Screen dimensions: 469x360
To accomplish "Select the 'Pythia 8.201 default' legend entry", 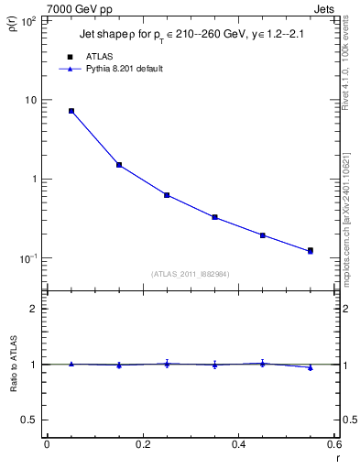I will [x=123, y=69].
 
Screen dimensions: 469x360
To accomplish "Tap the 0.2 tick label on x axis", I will [x=142, y=444].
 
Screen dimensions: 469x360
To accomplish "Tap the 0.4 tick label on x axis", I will [x=238, y=444].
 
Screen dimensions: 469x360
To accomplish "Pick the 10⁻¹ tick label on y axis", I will [x=26, y=258].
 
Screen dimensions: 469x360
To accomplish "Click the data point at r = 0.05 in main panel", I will [x=71, y=111].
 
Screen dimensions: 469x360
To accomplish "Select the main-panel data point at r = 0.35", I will [x=214, y=217].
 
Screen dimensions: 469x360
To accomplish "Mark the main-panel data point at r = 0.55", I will [x=311, y=250].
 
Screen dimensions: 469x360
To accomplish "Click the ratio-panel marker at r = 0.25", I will [x=167, y=364].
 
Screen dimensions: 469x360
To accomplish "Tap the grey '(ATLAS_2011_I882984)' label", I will [x=191, y=274].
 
